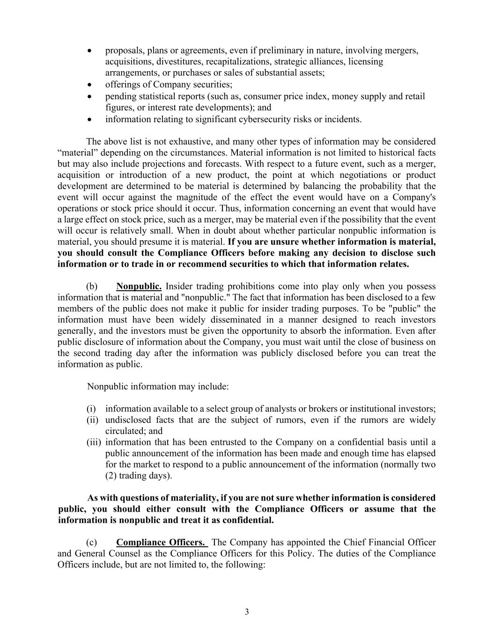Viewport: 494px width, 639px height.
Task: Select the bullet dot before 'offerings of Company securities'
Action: click(90, 85)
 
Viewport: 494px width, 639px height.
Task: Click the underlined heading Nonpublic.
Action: click(139, 286)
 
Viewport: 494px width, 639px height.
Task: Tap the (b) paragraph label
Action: click(92, 286)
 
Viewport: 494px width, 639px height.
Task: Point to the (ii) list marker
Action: click(92, 420)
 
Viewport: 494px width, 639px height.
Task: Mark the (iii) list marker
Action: click(94, 442)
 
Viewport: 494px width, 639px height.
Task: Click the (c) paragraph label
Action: click(92, 542)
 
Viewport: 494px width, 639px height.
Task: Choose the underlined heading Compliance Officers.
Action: click(162, 542)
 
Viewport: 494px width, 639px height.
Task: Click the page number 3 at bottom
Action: click(247, 612)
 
